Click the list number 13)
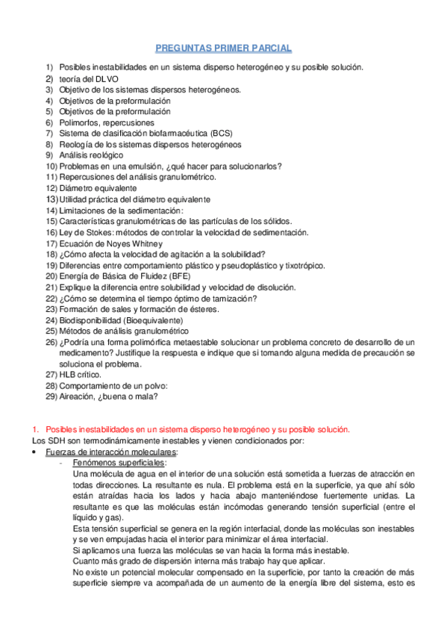tap(51, 199)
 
